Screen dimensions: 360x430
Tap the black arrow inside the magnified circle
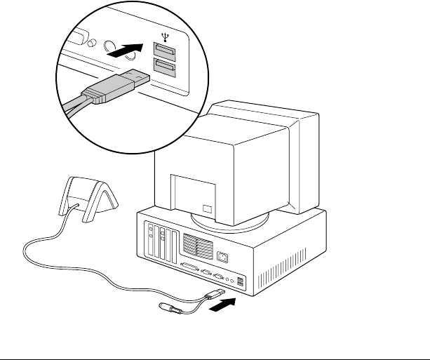click(131, 51)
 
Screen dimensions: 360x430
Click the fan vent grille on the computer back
click(196, 244)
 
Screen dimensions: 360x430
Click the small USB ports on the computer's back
click(241, 281)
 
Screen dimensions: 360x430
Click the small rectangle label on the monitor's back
click(206, 208)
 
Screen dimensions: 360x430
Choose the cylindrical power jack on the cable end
click(169, 309)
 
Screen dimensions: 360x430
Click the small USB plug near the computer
click(214, 294)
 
